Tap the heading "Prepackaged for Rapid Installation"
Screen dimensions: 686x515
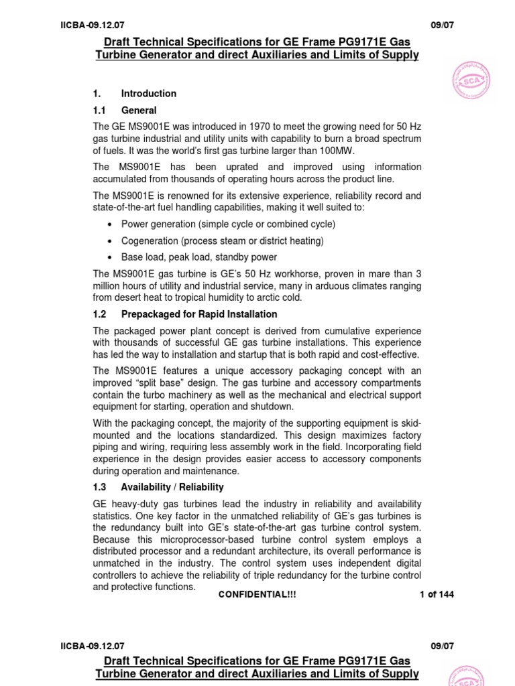199,314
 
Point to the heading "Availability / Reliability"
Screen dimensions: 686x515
172,487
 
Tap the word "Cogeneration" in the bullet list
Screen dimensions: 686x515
148,241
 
